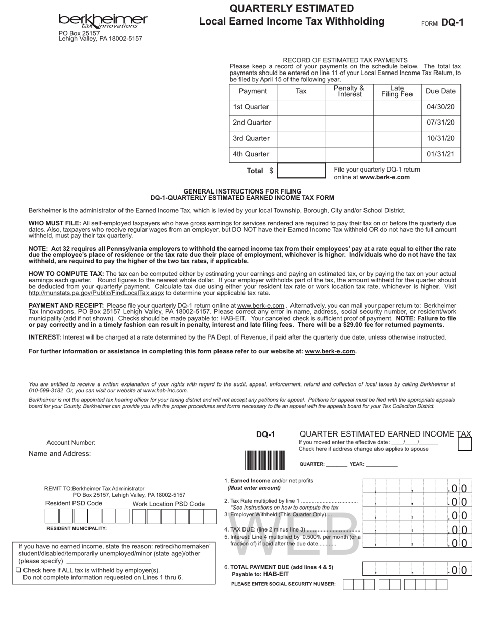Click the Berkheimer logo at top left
click(x=103, y=20)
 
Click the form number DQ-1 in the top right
click(x=452, y=22)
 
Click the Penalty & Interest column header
click(x=349, y=91)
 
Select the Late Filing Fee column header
click(x=397, y=91)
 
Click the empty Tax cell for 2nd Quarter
click(x=301, y=123)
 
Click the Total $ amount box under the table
click(x=301, y=171)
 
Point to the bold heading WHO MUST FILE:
click(x=55, y=223)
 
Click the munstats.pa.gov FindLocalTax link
click(x=96, y=293)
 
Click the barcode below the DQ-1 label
click(x=264, y=460)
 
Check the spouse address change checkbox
click(x=465, y=444)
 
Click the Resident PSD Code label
click(x=74, y=503)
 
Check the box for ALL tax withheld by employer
click(x=18, y=570)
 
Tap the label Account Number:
click(x=71, y=443)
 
